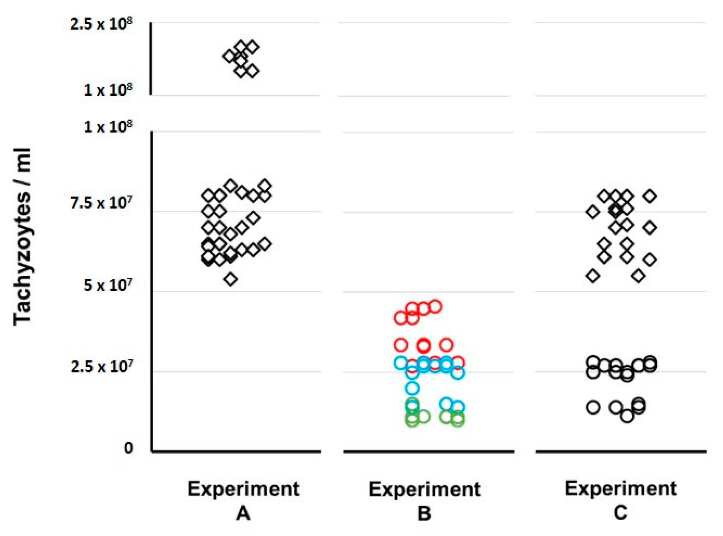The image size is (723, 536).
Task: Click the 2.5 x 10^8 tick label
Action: (101, 24)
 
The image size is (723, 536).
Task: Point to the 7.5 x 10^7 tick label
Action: (101, 203)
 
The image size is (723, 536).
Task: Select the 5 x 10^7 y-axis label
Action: (107, 285)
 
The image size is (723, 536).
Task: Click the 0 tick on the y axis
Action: (128, 448)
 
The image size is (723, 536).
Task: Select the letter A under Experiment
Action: (243, 514)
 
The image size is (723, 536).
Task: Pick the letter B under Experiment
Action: (424, 514)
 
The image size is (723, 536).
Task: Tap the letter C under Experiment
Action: (620, 513)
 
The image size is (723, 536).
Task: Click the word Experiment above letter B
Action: (424, 489)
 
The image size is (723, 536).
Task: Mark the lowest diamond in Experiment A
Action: (231, 279)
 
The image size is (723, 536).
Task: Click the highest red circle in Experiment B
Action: (435, 306)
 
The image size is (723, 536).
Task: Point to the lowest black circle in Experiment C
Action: (627, 416)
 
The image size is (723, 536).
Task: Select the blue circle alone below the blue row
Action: (412, 388)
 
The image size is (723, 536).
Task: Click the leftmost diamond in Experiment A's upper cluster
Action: (229, 56)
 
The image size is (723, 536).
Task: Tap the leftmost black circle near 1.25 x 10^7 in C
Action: (593, 407)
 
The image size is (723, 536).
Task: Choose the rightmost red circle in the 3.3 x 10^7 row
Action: (446, 345)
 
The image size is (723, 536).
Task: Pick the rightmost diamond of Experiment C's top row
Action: (650, 196)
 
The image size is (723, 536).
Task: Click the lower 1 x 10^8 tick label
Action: (107, 127)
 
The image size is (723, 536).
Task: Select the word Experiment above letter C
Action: (620, 488)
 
